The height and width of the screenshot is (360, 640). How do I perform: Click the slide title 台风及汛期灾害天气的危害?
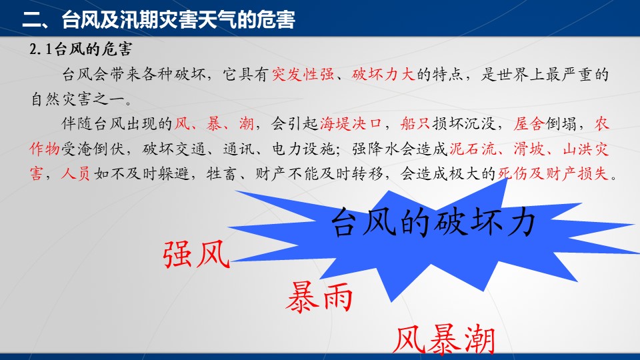pos(179,19)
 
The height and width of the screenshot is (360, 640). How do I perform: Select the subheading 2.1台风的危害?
pos(81,49)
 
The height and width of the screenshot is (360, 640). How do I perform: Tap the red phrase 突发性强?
pos(303,74)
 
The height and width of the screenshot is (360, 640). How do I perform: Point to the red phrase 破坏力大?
pos(383,74)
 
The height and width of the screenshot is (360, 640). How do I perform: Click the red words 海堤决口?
pos(351,123)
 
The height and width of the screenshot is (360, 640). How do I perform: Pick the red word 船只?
pos(415,123)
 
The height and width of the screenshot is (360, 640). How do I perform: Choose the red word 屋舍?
pos(529,123)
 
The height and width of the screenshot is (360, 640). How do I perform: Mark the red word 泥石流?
pos(473,149)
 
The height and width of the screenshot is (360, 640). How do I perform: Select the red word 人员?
pos(75,174)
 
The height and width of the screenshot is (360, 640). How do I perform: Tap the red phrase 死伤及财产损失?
pos(553,174)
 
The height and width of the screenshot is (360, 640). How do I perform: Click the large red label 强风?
pos(196,254)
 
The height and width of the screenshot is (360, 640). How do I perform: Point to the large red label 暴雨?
pos(319,297)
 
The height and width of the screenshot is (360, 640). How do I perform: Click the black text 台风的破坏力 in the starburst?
pos(433,223)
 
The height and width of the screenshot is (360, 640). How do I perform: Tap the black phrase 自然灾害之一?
pos(81,99)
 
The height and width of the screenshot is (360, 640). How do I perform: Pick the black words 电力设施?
pos(303,149)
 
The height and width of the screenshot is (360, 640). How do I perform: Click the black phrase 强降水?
pos(375,149)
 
